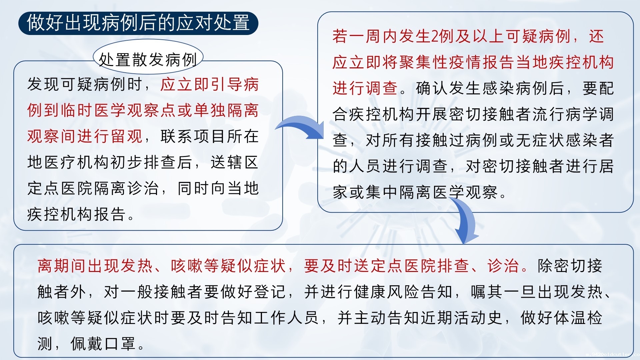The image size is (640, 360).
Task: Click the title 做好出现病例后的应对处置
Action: pos(138,23)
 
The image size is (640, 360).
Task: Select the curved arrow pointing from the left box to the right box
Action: pos(300,127)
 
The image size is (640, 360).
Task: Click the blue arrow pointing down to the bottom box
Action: pos(465,220)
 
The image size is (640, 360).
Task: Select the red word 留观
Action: pos(127,136)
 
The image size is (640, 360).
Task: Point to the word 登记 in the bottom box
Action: pos(270,292)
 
